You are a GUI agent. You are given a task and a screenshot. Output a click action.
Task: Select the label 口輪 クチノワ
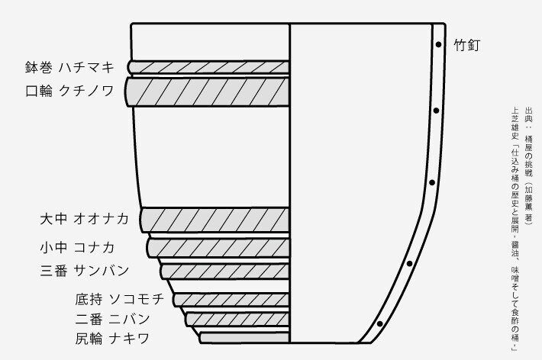click(69, 92)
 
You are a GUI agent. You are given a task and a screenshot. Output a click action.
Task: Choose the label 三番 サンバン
click(85, 270)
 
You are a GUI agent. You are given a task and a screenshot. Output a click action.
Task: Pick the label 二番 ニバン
click(112, 318)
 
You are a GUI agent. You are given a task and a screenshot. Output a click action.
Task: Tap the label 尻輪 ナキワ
click(112, 338)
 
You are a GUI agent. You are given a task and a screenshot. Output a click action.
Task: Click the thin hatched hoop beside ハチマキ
click(210, 67)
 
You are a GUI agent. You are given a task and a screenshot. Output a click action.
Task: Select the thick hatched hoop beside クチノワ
click(208, 92)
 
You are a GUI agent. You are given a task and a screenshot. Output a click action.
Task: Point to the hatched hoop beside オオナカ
click(215, 220)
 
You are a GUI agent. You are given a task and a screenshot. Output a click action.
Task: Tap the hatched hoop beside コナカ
click(219, 247)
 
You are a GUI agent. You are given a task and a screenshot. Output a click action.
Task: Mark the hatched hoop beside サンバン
click(225, 271)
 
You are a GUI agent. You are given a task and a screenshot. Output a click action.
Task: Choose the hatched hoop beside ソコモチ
click(231, 298)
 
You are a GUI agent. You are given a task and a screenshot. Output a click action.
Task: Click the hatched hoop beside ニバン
click(237, 319)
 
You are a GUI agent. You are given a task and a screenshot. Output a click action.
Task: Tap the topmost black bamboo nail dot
click(438, 45)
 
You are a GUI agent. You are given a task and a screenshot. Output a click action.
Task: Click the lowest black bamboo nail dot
click(380, 326)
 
